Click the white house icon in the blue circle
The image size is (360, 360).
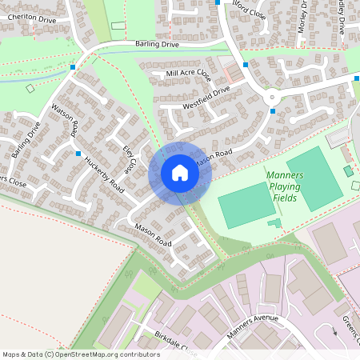coord(180,173)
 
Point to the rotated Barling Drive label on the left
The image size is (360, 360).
coord(26,139)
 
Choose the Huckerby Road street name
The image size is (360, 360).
coord(104,174)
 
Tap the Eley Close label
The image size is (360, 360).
coord(130,159)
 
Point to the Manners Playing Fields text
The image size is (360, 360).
coord(284,186)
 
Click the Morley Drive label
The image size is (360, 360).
coord(302,18)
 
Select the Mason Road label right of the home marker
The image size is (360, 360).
coord(214,157)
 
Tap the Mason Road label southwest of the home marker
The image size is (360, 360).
coord(154,235)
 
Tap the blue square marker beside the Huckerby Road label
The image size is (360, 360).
coord(78,153)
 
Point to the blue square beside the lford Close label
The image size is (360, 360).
coord(218,2)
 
